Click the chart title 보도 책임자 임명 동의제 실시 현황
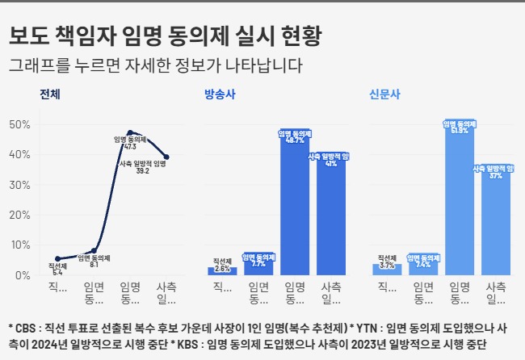[x=166, y=36]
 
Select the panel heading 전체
[x=51, y=94]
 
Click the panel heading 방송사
[x=220, y=94]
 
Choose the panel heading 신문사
[x=384, y=94]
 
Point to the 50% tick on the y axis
[x=19, y=124]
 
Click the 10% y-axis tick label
[x=19, y=245]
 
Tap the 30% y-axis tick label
[x=19, y=185]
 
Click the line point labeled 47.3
[x=130, y=132]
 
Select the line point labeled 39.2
[x=166, y=157]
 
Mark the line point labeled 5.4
[x=57, y=259]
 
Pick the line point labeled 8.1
[x=94, y=251]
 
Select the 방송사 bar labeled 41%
[x=331, y=218]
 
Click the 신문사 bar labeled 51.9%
[x=460, y=202]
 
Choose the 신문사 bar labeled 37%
[x=496, y=222]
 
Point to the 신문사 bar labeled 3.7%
[x=387, y=270]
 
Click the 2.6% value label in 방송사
[x=222, y=267]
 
